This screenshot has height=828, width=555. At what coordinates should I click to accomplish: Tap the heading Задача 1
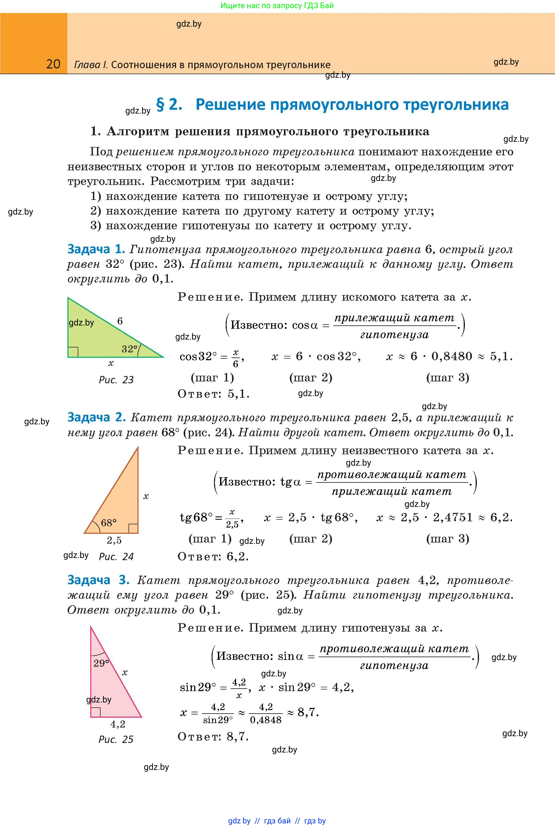coord(96,249)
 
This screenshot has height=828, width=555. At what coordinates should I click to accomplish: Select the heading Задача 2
coord(96,418)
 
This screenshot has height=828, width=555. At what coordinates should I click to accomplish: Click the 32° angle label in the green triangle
coord(129,349)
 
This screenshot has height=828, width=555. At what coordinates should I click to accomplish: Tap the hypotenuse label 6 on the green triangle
coord(120,321)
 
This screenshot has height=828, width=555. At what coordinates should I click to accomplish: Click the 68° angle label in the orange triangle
coord(109,523)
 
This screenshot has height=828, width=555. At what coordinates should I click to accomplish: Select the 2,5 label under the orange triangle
coord(114,540)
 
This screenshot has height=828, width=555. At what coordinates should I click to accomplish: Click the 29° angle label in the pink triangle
coord(101,663)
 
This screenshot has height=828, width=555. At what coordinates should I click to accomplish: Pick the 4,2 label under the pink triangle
coord(118,724)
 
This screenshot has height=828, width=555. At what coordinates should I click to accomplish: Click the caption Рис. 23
coord(116,380)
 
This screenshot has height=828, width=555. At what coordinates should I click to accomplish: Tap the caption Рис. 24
coord(116,557)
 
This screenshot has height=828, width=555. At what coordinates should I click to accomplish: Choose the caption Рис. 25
coord(116,739)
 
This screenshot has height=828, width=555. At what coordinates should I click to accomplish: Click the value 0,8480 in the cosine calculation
coord(452,356)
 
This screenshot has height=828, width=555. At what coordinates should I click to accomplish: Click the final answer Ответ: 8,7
coord(213,737)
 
